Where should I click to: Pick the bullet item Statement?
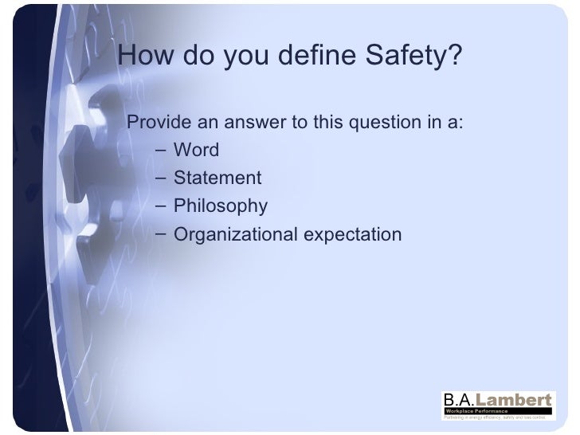click(217, 177)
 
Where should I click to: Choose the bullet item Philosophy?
click(220, 206)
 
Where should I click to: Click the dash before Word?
click(162, 149)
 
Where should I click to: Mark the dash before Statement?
click(162, 177)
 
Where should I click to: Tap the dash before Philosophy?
click(162, 206)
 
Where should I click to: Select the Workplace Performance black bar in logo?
click(497, 409)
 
